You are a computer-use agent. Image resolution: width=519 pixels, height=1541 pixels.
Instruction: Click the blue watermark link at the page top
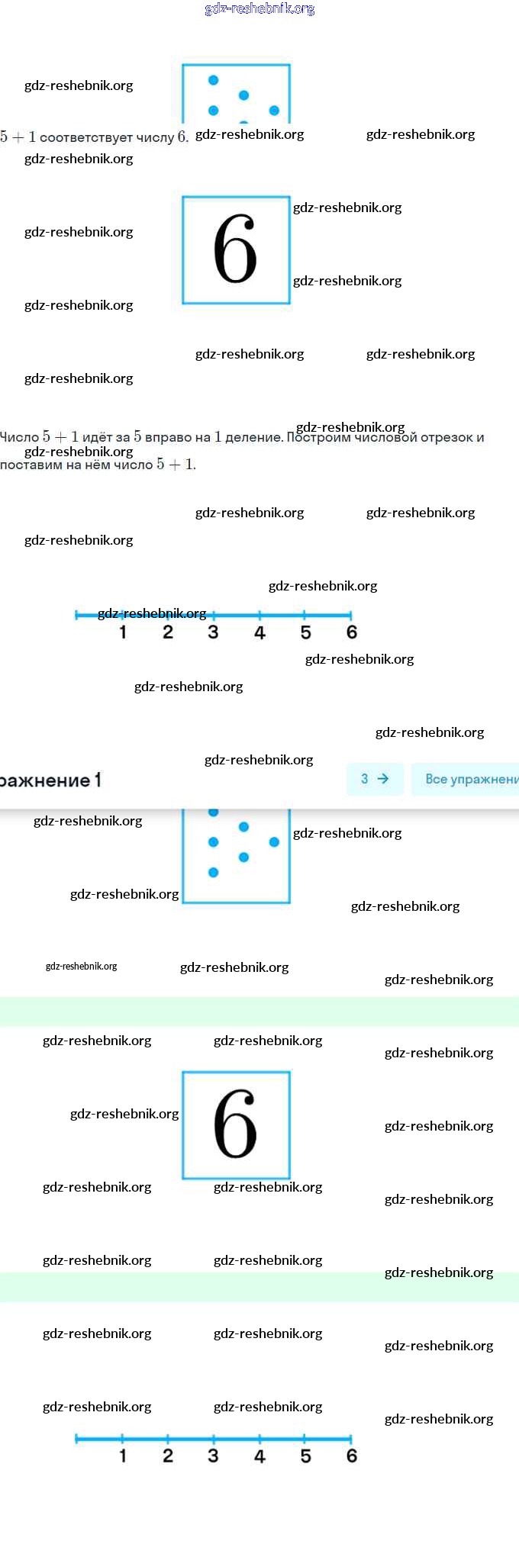259,9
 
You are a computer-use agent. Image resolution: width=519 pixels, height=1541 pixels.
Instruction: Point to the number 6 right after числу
182,137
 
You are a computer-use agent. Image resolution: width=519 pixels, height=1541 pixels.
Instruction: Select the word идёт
97,437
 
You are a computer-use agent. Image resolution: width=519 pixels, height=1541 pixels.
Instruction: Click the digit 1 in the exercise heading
97,780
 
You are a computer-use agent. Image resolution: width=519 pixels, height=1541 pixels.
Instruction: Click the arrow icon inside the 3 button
383,779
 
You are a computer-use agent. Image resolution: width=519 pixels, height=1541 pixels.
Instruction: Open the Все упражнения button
469,779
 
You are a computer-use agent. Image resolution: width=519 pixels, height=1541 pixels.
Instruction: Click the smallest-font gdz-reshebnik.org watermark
81,967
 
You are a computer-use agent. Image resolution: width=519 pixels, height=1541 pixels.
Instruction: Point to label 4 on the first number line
259,632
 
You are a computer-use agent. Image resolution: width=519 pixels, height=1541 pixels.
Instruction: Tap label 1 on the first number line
123,632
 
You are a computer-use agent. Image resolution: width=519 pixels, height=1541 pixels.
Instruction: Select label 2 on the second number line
168,1456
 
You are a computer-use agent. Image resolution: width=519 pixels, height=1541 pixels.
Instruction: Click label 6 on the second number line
351,1456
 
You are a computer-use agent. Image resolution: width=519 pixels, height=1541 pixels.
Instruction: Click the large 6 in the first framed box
235,249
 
